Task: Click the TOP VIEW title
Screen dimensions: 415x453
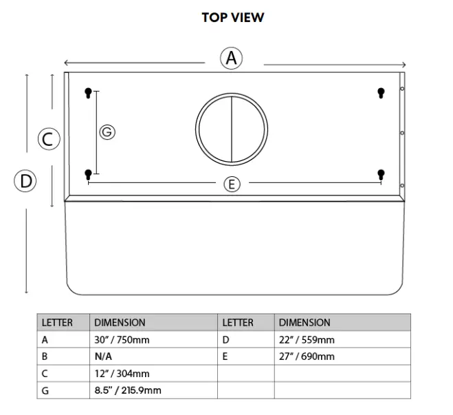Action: (232, 18)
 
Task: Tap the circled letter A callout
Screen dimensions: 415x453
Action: (232, 58)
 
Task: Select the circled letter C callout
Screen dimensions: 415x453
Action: (48, 139)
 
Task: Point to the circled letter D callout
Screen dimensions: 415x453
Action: (25, 182)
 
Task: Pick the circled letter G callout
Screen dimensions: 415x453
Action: (107, 131)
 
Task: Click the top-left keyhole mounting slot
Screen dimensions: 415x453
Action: (88, 94)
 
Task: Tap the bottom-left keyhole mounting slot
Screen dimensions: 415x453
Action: (88, 175)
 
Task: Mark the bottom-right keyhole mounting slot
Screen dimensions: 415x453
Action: (381, 175)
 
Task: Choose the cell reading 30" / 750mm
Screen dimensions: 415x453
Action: (122, 340)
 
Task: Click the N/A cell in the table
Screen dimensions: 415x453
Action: (103, 357)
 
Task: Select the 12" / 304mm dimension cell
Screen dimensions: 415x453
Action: (122, 374)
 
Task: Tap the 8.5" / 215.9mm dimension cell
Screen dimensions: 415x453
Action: (127, 391)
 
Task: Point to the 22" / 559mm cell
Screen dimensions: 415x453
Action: (307, 340)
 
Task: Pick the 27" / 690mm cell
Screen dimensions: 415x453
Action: (307, 357)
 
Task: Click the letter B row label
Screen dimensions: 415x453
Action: (45, 357)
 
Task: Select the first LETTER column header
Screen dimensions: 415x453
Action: (57, 323)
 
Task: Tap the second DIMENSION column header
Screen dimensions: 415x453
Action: (305, 323)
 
